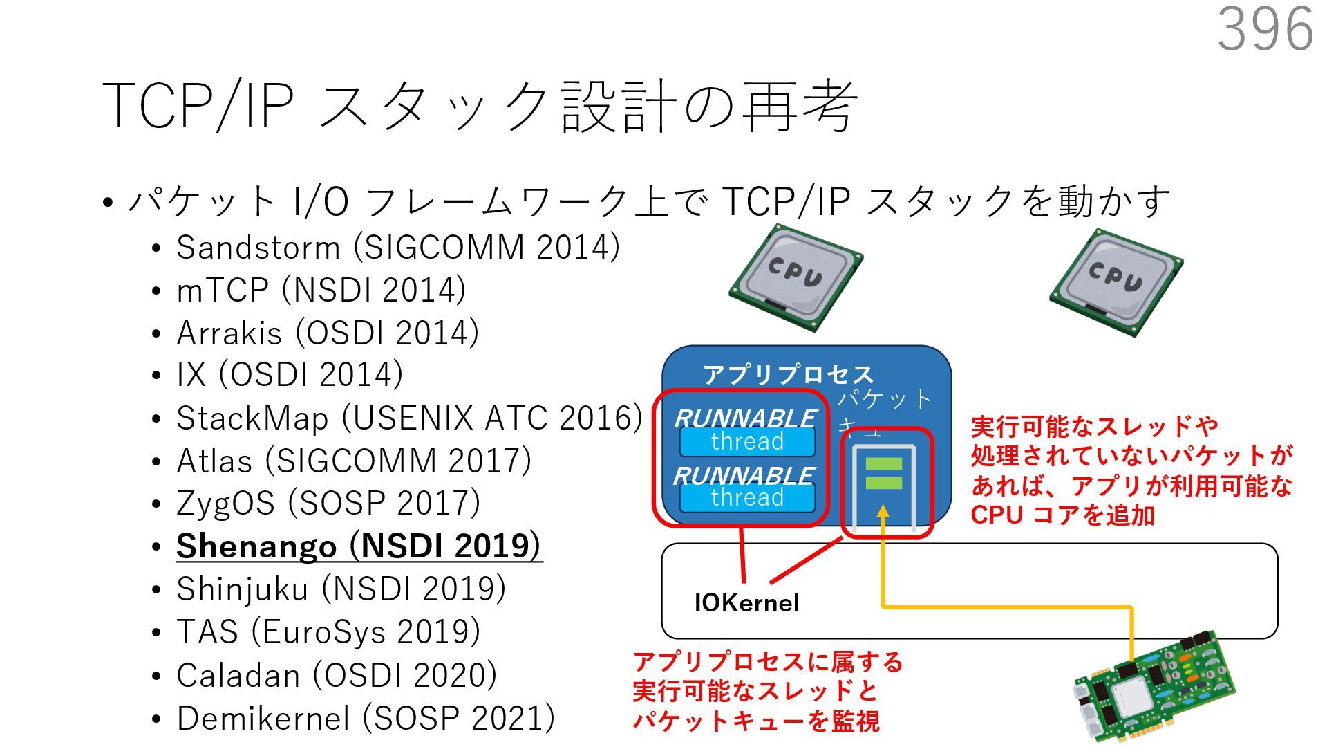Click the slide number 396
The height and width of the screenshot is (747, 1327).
1265,30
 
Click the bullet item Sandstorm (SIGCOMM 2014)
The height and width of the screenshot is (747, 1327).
397,248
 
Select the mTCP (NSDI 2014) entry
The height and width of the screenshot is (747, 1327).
321,290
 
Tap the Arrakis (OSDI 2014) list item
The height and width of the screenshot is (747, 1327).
327,333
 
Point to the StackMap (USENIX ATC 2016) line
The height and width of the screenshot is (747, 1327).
408,418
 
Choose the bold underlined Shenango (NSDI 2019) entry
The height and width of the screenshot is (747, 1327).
359,546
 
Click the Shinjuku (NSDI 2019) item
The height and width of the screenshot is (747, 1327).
341,589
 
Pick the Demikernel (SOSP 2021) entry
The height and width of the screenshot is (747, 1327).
365,718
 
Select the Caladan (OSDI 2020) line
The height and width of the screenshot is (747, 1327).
336,675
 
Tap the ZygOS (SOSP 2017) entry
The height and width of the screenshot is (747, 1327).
328,504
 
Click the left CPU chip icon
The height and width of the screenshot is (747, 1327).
796,277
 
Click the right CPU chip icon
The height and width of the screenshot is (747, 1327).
1116,282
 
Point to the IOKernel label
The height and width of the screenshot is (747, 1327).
746,603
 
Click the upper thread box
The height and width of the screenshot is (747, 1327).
747,441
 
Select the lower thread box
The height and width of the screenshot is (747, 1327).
747,497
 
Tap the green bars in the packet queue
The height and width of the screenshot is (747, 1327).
883,473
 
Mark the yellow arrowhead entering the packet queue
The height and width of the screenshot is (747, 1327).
883,513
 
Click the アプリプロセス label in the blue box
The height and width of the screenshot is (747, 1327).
788,374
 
